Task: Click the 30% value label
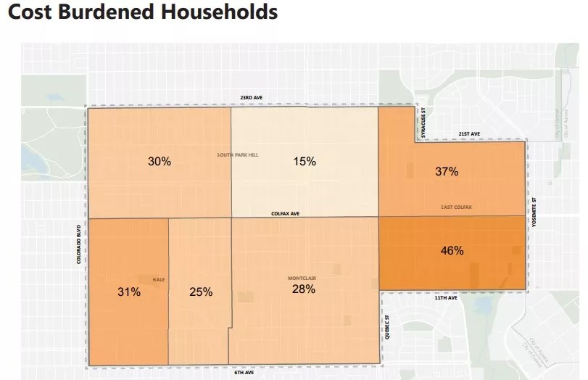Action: point(160,162)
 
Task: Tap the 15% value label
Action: point(305,162)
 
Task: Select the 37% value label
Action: point(447,172)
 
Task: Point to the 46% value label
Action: point(452,251)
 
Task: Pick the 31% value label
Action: point(129,292)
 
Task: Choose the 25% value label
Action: point(201,292)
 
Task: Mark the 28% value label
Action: point(304,289)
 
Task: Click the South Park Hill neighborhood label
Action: point(238,155)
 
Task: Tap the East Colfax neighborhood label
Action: point(457,207)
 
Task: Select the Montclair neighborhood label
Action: point(302,278)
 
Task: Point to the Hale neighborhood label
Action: point(159,279)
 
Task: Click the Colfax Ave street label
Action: point(285,214)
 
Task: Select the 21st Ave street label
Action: point(469,134)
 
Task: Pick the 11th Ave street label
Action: point(447,298)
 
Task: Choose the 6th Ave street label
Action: point(244,373)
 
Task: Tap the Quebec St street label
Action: point(389,326)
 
